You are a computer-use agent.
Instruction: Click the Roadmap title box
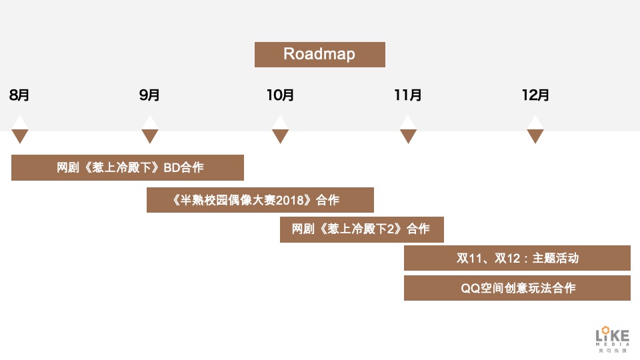319,54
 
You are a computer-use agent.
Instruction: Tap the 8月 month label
19,95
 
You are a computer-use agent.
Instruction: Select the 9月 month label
150,95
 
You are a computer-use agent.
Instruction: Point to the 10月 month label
280,95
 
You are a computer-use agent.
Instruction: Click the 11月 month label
408,95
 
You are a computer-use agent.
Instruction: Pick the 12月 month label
535,95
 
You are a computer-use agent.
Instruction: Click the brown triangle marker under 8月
20,136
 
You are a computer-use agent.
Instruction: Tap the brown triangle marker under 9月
150,136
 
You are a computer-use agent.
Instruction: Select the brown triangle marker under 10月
280,136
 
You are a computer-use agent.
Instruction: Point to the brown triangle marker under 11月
408,136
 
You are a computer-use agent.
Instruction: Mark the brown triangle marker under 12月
535,136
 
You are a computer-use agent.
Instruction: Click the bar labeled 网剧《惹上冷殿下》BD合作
127,167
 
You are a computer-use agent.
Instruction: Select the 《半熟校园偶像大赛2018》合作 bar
260,200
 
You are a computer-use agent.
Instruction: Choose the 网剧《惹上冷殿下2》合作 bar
361,229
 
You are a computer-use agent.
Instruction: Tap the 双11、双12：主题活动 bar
517,258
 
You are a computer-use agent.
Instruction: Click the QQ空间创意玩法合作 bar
517,288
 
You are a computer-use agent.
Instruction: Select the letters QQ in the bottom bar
470,288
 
